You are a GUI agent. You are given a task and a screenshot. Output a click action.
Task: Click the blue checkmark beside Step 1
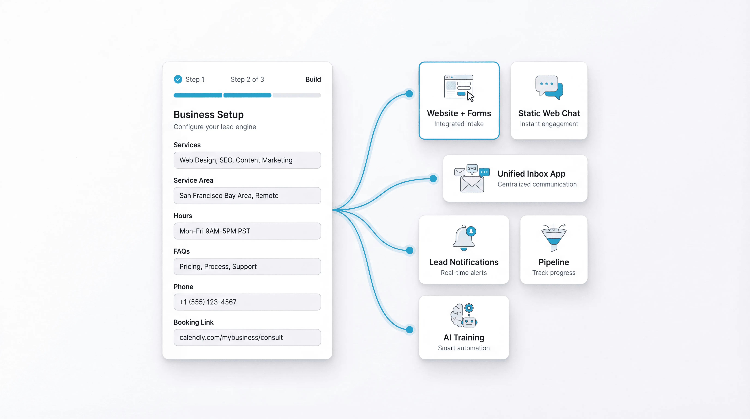tap(178, 79)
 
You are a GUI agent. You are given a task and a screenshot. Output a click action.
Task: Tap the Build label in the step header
tap(313, 79)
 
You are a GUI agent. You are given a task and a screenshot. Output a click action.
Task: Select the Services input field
tap(247, 160)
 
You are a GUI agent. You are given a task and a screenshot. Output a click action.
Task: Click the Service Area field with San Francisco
tap(247, 195)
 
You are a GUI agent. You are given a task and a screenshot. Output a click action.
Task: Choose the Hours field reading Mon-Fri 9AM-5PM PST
tap(247, 231)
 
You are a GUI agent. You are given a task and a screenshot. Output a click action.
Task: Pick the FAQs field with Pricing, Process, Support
tap(247, 266)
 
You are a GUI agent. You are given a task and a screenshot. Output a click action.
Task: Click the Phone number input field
tap(247, 302)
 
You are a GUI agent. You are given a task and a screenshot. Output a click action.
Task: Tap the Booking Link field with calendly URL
tap(247, 337)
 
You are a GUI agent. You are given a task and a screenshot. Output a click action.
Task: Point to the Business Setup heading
tap(208, 115)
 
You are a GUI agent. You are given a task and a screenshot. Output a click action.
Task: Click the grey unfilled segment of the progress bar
tap(297, 95)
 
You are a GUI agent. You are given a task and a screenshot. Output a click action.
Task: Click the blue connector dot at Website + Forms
tap(409, 94)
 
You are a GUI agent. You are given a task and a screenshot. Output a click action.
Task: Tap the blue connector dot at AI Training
tap(409, 330)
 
